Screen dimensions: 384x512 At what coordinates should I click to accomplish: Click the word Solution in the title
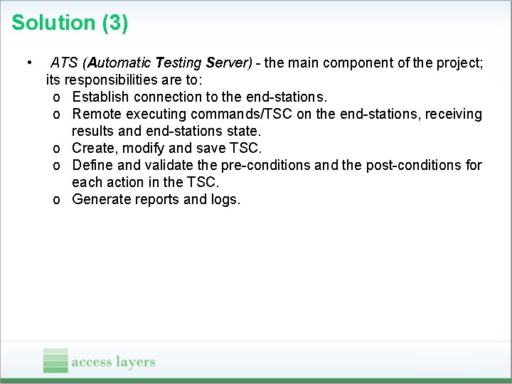click(54, 23)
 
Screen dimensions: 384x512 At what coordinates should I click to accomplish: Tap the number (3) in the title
click(115, 23)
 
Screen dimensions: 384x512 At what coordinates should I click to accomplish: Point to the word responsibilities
click(114, 80)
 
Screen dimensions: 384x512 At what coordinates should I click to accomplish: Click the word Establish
click(100, 97)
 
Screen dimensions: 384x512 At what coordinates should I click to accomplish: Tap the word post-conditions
click(412, 166)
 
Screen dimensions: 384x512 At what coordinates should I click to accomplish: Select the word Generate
click(102, 200)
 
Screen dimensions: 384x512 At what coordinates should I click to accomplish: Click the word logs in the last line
click(226, 200)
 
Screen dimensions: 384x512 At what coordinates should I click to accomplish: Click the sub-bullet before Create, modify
click(56, 149)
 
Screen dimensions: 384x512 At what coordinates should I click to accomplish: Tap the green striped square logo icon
click(55, 361)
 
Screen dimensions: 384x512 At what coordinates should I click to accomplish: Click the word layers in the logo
click(135, 362)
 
